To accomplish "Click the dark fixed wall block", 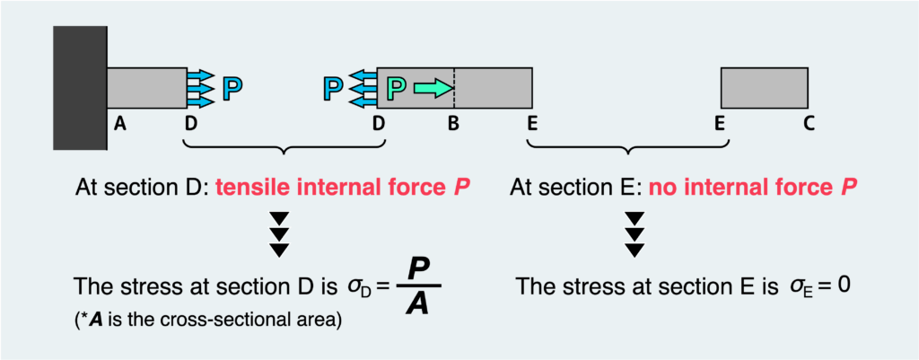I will pos(81,87).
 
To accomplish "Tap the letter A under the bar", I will pos(119,126).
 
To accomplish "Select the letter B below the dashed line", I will pos(453,126).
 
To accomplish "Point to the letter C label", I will pos(808,126).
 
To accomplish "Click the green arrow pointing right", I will pos(431,87).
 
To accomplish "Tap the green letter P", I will pos(397,88).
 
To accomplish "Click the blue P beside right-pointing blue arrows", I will pos(232,88).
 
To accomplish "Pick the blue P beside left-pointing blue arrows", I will pos(332,88).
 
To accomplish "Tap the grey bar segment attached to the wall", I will pos(147,87).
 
